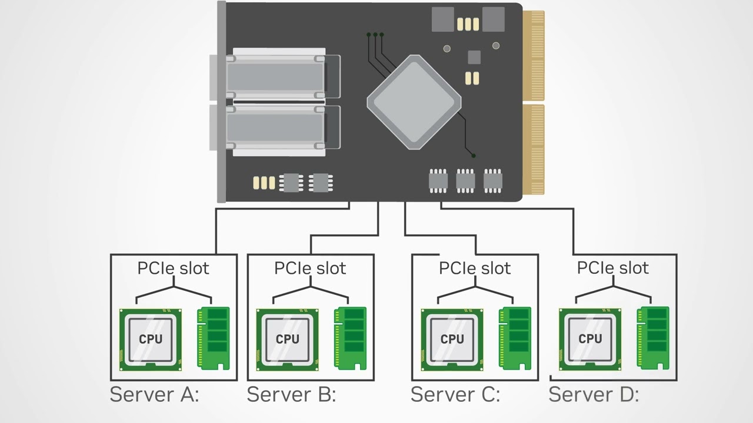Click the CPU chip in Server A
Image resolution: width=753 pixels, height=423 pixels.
151,340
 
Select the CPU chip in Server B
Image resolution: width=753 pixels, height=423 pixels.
287,340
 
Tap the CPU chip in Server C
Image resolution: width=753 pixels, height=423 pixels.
452,340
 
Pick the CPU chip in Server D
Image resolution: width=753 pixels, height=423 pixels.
589,339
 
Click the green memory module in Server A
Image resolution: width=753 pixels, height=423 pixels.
213,338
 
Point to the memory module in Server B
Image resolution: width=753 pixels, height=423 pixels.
350,338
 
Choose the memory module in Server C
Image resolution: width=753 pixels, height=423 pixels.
515,338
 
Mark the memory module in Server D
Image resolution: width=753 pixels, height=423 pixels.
653,338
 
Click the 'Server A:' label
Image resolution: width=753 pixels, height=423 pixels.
155,394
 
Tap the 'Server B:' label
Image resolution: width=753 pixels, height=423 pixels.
291,394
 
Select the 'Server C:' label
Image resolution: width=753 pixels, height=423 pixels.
455,394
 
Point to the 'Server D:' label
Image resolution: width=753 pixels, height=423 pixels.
594,394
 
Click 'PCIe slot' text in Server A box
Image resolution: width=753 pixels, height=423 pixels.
173,268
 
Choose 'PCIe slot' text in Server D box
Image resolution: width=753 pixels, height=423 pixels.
612,268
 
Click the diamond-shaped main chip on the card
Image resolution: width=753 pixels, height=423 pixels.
414,102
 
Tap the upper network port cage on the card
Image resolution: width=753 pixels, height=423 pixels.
275,76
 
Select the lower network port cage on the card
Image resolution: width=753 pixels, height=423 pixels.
275,130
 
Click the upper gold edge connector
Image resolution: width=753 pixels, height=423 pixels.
534,55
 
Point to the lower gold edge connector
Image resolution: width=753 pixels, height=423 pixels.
534,149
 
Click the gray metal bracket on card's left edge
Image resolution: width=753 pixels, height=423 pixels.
221,102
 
